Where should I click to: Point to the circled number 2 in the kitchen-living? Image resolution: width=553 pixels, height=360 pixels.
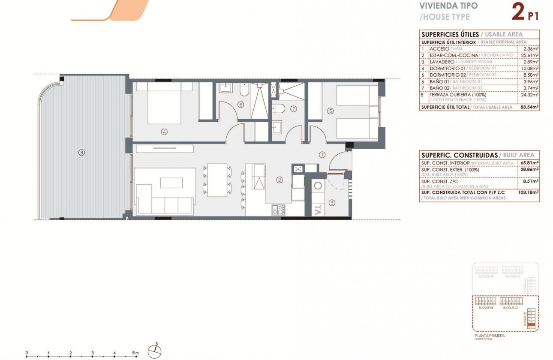click(279, 180)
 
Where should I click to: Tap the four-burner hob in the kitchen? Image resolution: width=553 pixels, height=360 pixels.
click(278, 210)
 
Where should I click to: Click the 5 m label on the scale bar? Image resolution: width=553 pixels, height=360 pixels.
click(136, 353)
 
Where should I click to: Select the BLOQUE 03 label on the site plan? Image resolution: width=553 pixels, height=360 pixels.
click(486, 308)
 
